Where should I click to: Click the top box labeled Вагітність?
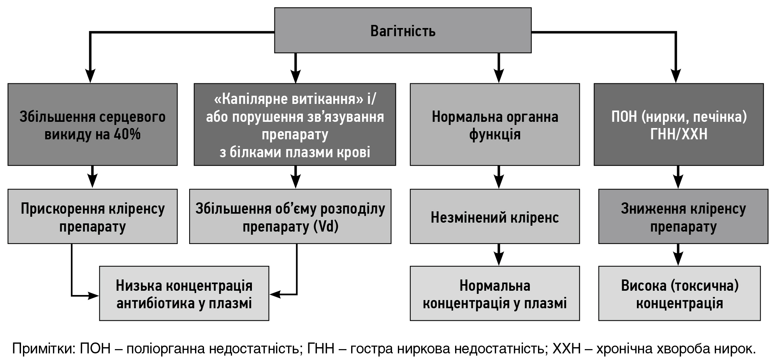(403, 30)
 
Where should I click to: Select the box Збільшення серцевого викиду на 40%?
(93, 125)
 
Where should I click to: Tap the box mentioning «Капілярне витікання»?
(295, 125)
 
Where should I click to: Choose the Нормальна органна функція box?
(495, 125)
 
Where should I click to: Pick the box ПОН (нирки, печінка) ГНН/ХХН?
(679, 125)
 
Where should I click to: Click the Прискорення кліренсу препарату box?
(93, 216)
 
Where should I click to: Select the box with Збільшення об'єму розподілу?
(290, 216)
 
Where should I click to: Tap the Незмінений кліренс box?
(495, 216)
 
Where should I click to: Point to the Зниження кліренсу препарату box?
(683, 216)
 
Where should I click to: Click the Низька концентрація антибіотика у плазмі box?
(184, 293)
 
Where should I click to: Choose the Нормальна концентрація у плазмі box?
(495, 293)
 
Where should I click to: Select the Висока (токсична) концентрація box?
(679, 293)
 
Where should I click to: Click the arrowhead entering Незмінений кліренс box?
(499, 182)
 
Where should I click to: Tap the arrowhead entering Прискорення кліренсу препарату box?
(92, 182)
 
